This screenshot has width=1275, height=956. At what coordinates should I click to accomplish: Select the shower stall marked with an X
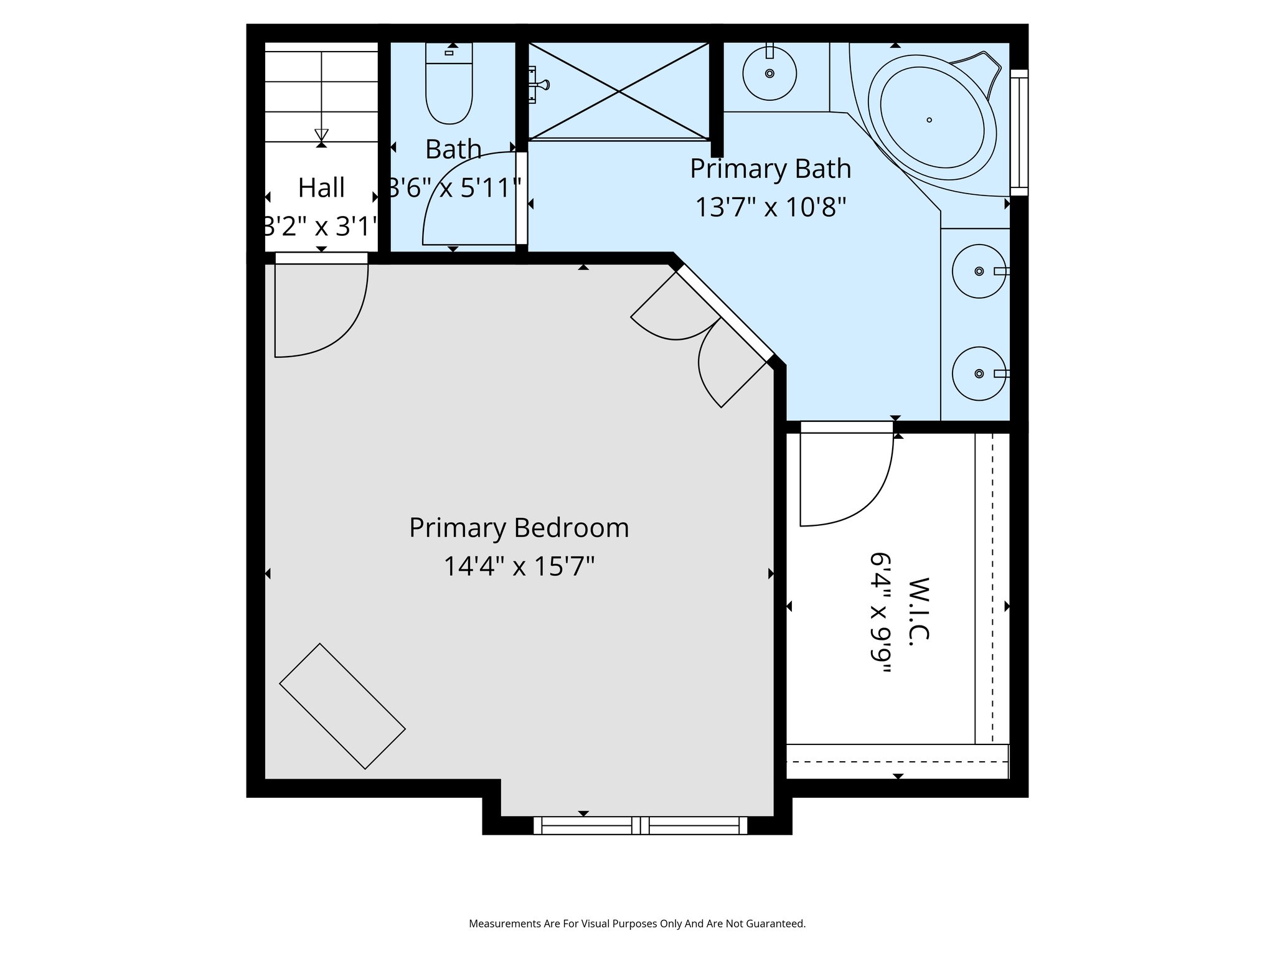click(618, 91)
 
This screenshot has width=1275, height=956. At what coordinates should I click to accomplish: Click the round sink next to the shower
click(769, 73)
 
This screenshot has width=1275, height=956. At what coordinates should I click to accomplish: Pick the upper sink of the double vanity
click(978, 271)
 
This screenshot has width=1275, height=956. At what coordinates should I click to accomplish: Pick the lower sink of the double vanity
click(978, 373)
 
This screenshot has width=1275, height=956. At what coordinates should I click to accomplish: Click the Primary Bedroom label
click(519, 528)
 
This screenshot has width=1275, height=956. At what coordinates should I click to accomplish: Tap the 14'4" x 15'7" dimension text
click(519, 566)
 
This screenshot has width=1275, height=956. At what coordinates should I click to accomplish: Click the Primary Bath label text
click(770, 169)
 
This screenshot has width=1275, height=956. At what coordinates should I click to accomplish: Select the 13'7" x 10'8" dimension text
click(770, 207)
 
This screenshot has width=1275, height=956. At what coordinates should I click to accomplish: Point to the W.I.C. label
click(919, 611)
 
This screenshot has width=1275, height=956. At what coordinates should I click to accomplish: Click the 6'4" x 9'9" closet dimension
click(882, 612)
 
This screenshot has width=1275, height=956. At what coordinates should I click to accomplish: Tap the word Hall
click(321, 188)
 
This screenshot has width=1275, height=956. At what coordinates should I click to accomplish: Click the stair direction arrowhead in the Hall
click(321, 134)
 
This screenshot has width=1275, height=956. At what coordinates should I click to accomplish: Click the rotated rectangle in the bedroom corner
click(342, 706)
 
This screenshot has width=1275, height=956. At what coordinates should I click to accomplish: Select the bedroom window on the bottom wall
click(640, 825)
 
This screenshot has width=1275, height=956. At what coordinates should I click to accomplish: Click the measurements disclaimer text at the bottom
click(637, 924)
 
